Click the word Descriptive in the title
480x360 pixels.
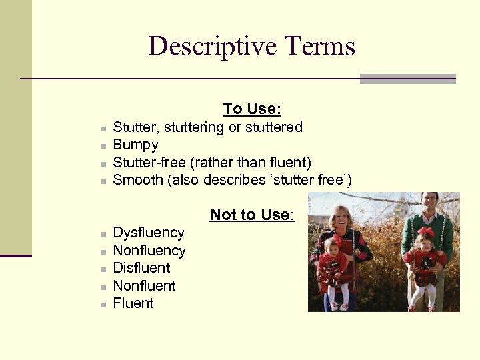[213, 47]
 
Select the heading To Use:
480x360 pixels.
[252, 109]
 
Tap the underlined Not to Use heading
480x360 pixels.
[251, 215]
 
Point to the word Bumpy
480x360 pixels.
[136, 145]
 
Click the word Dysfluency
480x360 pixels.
[149, 233]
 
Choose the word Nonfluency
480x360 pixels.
[149, 251]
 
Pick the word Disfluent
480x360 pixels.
[141, 268]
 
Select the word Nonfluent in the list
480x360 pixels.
[144, 286]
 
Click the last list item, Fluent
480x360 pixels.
[133, 303]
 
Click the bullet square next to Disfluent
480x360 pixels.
[104, 269]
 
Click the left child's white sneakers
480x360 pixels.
[339, 307]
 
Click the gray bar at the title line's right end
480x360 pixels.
[407, 79]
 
